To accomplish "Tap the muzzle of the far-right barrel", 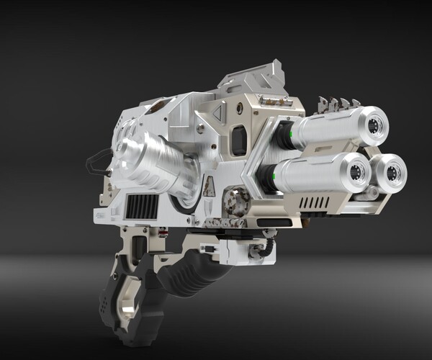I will (x=393, y=172).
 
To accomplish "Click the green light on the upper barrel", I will (x=288, y=132).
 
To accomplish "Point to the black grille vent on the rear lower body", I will (x=142, y=206).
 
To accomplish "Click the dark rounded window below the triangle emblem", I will (x=238, y=140).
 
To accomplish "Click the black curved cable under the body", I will (x=269, y=250).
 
